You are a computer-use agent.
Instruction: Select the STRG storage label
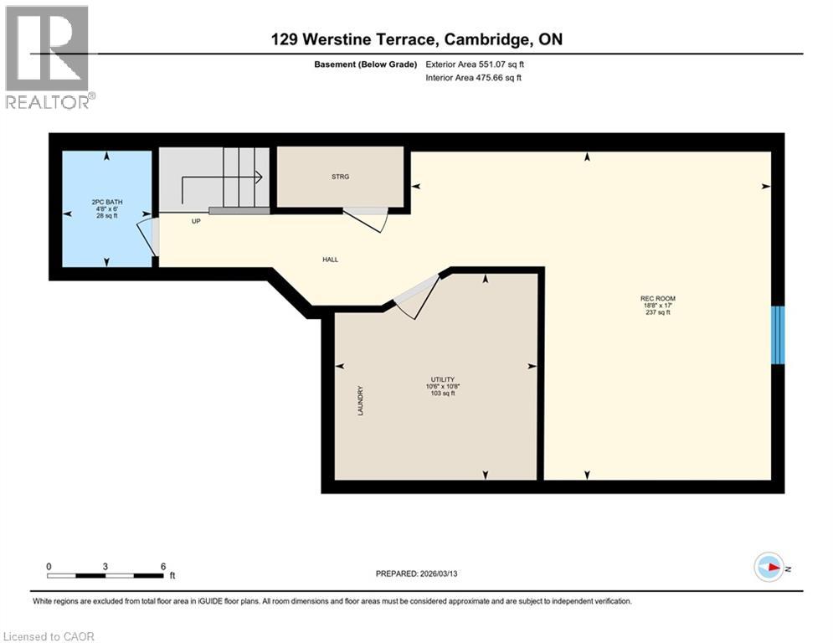point(339,177)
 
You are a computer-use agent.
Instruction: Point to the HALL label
point(331,260)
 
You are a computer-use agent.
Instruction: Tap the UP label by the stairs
point(196,223)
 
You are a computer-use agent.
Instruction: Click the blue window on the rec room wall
point(779,335)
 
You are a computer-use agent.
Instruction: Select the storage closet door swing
point(367,220)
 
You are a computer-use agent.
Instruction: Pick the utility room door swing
point(415,296)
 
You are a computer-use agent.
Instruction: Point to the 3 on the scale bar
point(105,565)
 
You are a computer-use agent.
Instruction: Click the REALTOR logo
point(48,56)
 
